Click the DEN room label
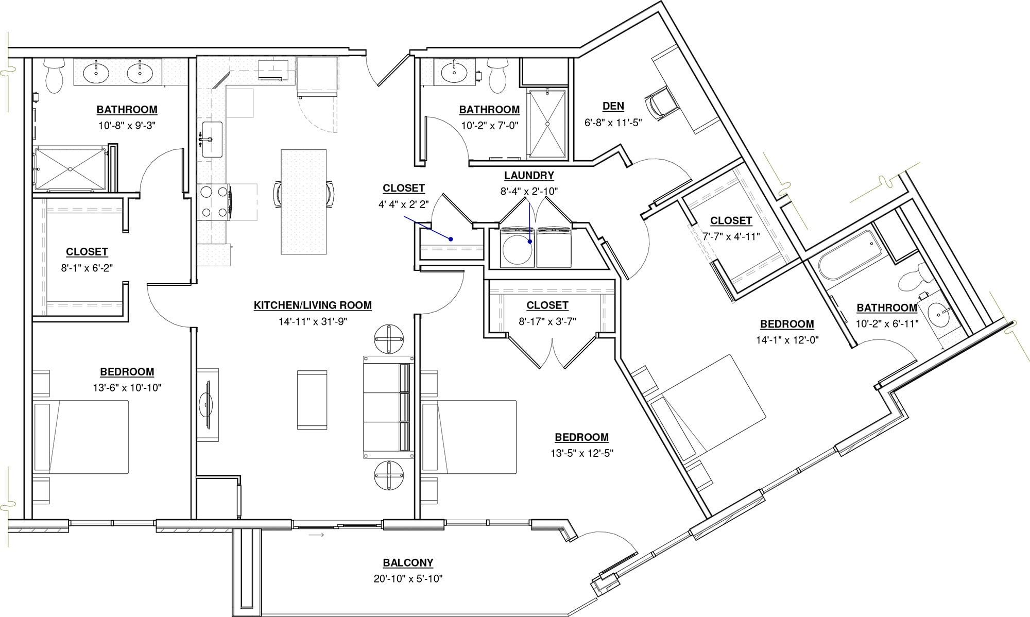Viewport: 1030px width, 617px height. [613, 106]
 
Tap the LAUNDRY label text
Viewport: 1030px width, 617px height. [529, 176]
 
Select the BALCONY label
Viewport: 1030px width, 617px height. [408, 563]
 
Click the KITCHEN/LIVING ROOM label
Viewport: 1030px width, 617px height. [313, 305]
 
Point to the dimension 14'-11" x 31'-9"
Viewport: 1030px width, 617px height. [313, 321]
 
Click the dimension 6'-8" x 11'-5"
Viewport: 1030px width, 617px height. [613, 123]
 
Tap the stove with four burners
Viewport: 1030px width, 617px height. [214, 202]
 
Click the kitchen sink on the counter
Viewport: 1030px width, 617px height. [212, 140]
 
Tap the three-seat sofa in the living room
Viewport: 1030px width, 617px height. [387, 407]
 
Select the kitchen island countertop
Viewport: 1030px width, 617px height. [303, 201]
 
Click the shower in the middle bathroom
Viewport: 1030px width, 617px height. [547, 124]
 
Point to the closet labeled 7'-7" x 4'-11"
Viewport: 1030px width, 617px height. [731, 229]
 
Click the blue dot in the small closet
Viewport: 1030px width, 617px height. [451, 239]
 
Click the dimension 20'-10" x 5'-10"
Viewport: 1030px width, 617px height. [408, 579]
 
